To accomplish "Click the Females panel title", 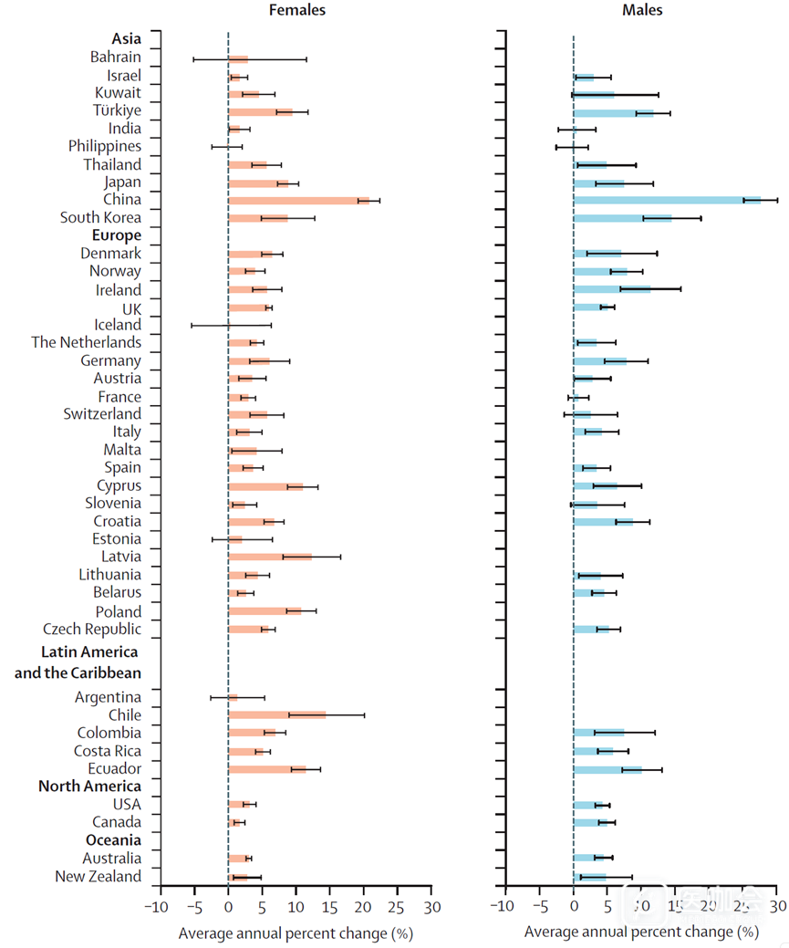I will (296, 10).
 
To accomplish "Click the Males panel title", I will (642, 10).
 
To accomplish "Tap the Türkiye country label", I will (117, 110).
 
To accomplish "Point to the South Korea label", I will (100, 217).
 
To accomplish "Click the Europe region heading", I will (117, 235).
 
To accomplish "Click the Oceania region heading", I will (113, 839).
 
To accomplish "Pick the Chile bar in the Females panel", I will (276, 714).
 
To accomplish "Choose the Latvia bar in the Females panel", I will (269, 557).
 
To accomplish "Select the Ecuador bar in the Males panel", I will (607, 769).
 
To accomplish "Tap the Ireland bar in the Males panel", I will (611, 289).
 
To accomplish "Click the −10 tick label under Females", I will (158, 907).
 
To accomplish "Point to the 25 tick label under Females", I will (397, 907).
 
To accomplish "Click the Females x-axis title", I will (296, 932).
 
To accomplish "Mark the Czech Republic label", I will (92, 629).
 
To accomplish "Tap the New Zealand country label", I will (99, 876).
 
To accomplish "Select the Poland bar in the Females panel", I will (265, 610).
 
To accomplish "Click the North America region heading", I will (89, 786).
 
